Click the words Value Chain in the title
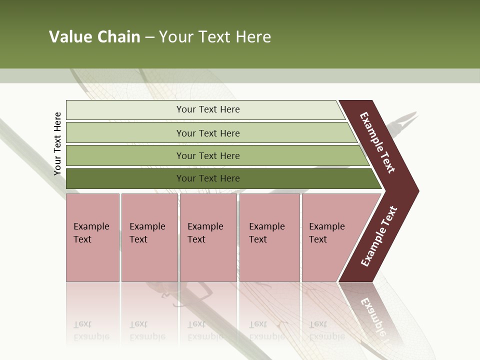[x=94, y=37]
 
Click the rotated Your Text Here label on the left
[x=57, y=143]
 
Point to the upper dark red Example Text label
[x=377, y=142]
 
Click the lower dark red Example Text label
[x=379, y=236]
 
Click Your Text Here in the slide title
[x=215, y=37]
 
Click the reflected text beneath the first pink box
[x=91, y=330]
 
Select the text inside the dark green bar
[x=208, y=178]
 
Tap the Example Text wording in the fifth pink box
[x=326, y=232]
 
